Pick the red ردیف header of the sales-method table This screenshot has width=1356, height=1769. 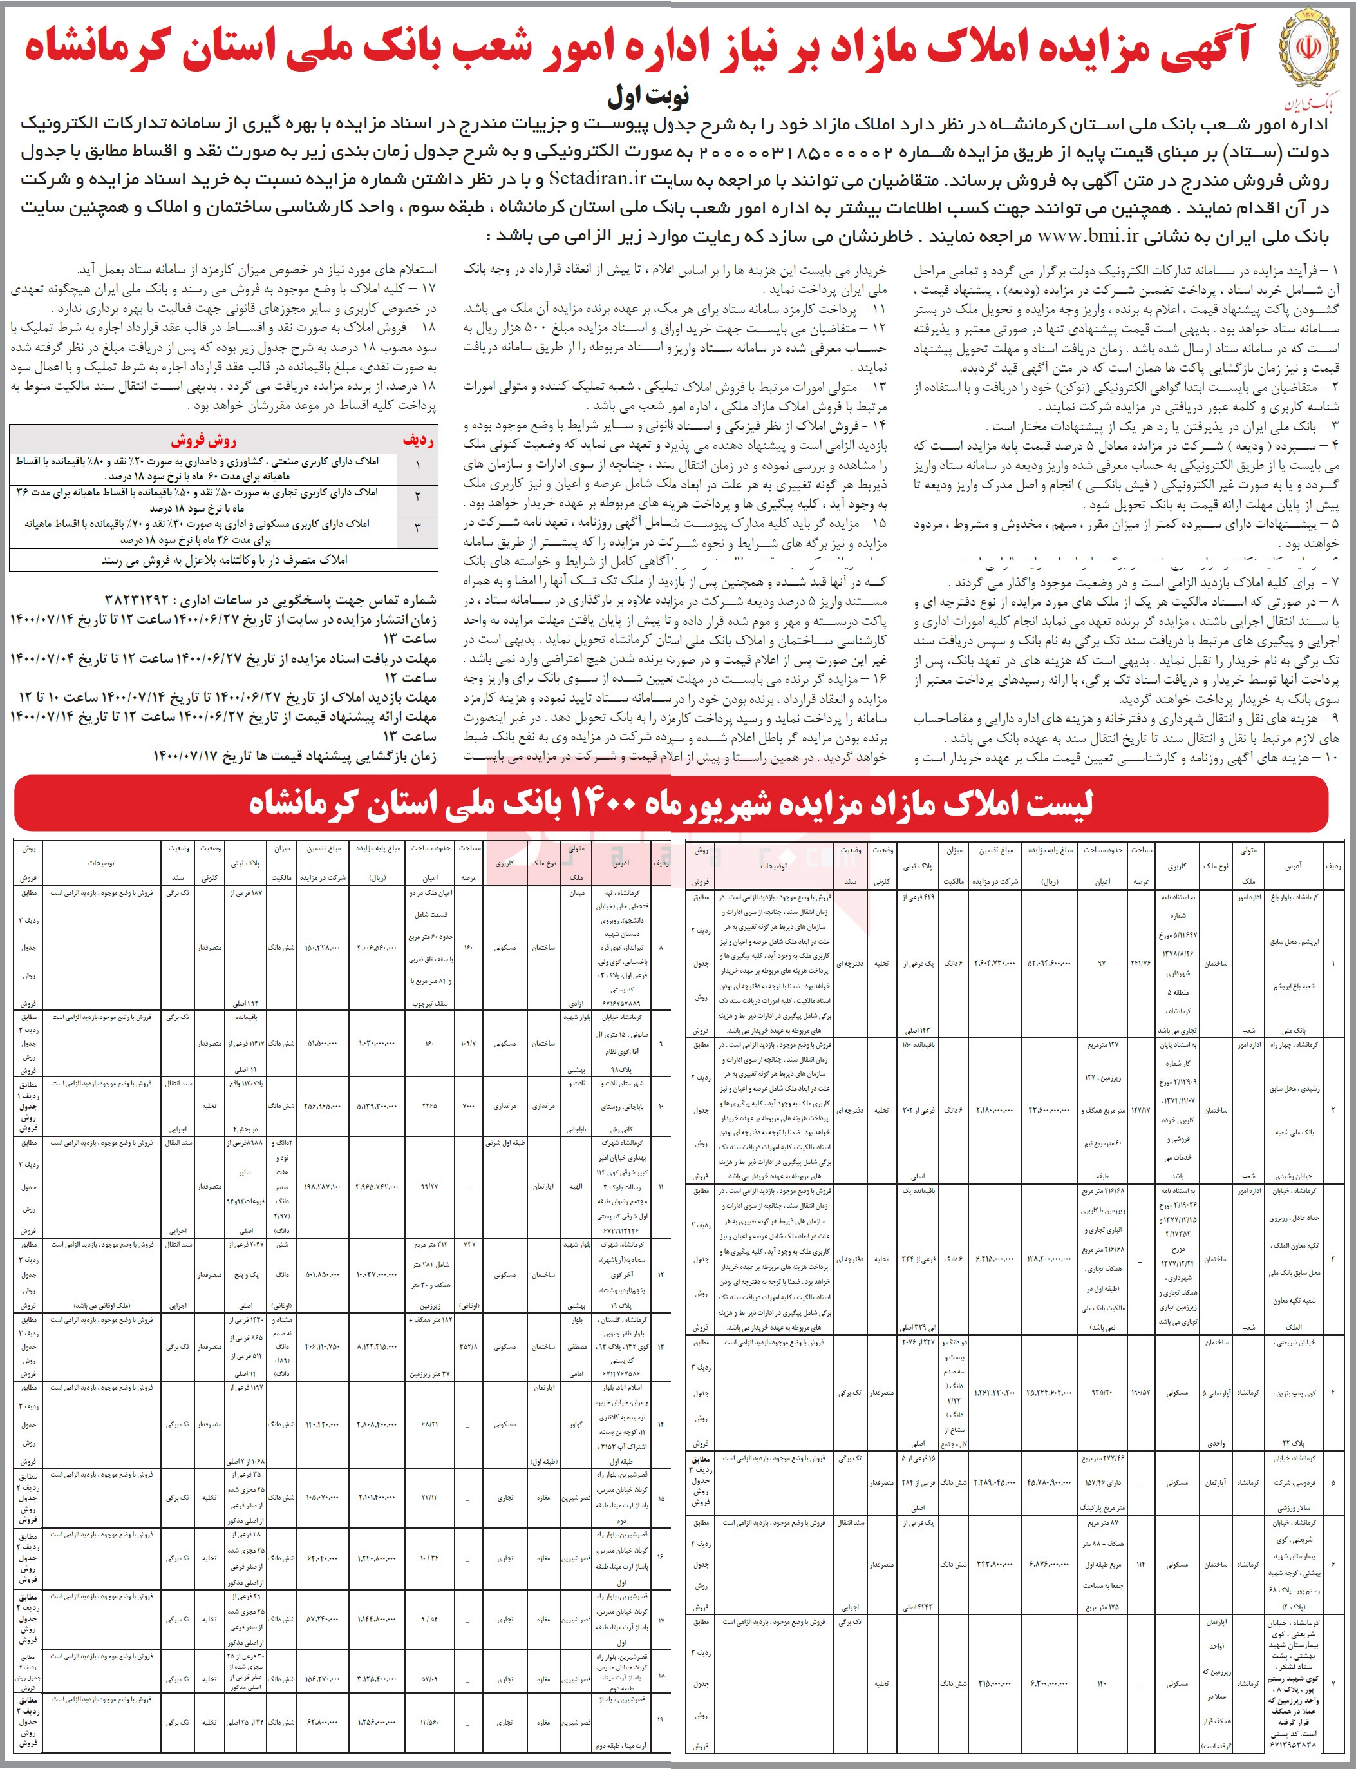coord(417,440)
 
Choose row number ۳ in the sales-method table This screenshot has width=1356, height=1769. coord(417,528)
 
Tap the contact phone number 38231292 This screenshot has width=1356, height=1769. coord(137,600)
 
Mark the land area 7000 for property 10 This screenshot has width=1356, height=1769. coord(469,1105)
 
